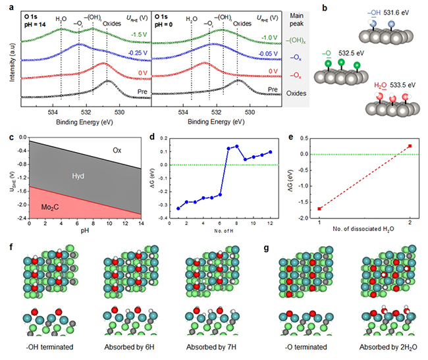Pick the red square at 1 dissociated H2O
319,209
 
